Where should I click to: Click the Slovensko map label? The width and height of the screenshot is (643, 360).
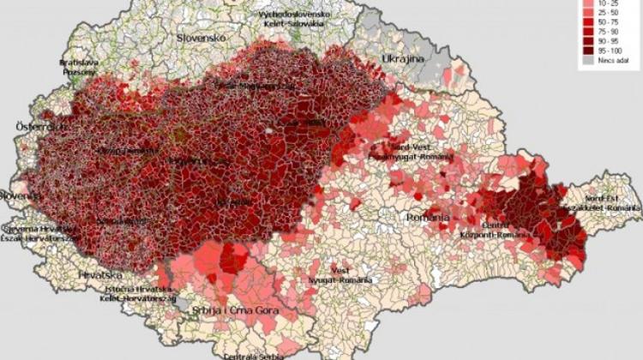tap(201, 39)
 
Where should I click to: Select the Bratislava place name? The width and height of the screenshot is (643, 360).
tap(79, 63)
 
